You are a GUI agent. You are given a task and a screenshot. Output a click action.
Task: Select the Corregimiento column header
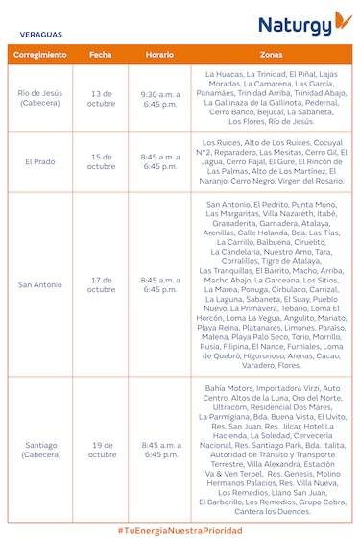point(40,56)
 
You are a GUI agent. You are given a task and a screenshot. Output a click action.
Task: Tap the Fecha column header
point(100,56)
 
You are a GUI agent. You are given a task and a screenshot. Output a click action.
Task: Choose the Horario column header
point(159,56)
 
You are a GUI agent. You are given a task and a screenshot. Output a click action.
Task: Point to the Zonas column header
point(272,56)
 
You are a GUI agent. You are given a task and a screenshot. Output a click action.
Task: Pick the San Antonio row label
point(40,284)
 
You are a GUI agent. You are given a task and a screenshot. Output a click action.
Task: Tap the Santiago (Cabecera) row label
point(40,450)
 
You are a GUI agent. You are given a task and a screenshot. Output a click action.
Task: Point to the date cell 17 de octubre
point(100,284)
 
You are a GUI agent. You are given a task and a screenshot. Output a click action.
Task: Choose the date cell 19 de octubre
point(100,450)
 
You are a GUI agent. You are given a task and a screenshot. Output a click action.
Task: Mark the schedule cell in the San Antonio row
point(159,284)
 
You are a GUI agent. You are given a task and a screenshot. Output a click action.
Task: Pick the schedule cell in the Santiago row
point(159,450)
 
